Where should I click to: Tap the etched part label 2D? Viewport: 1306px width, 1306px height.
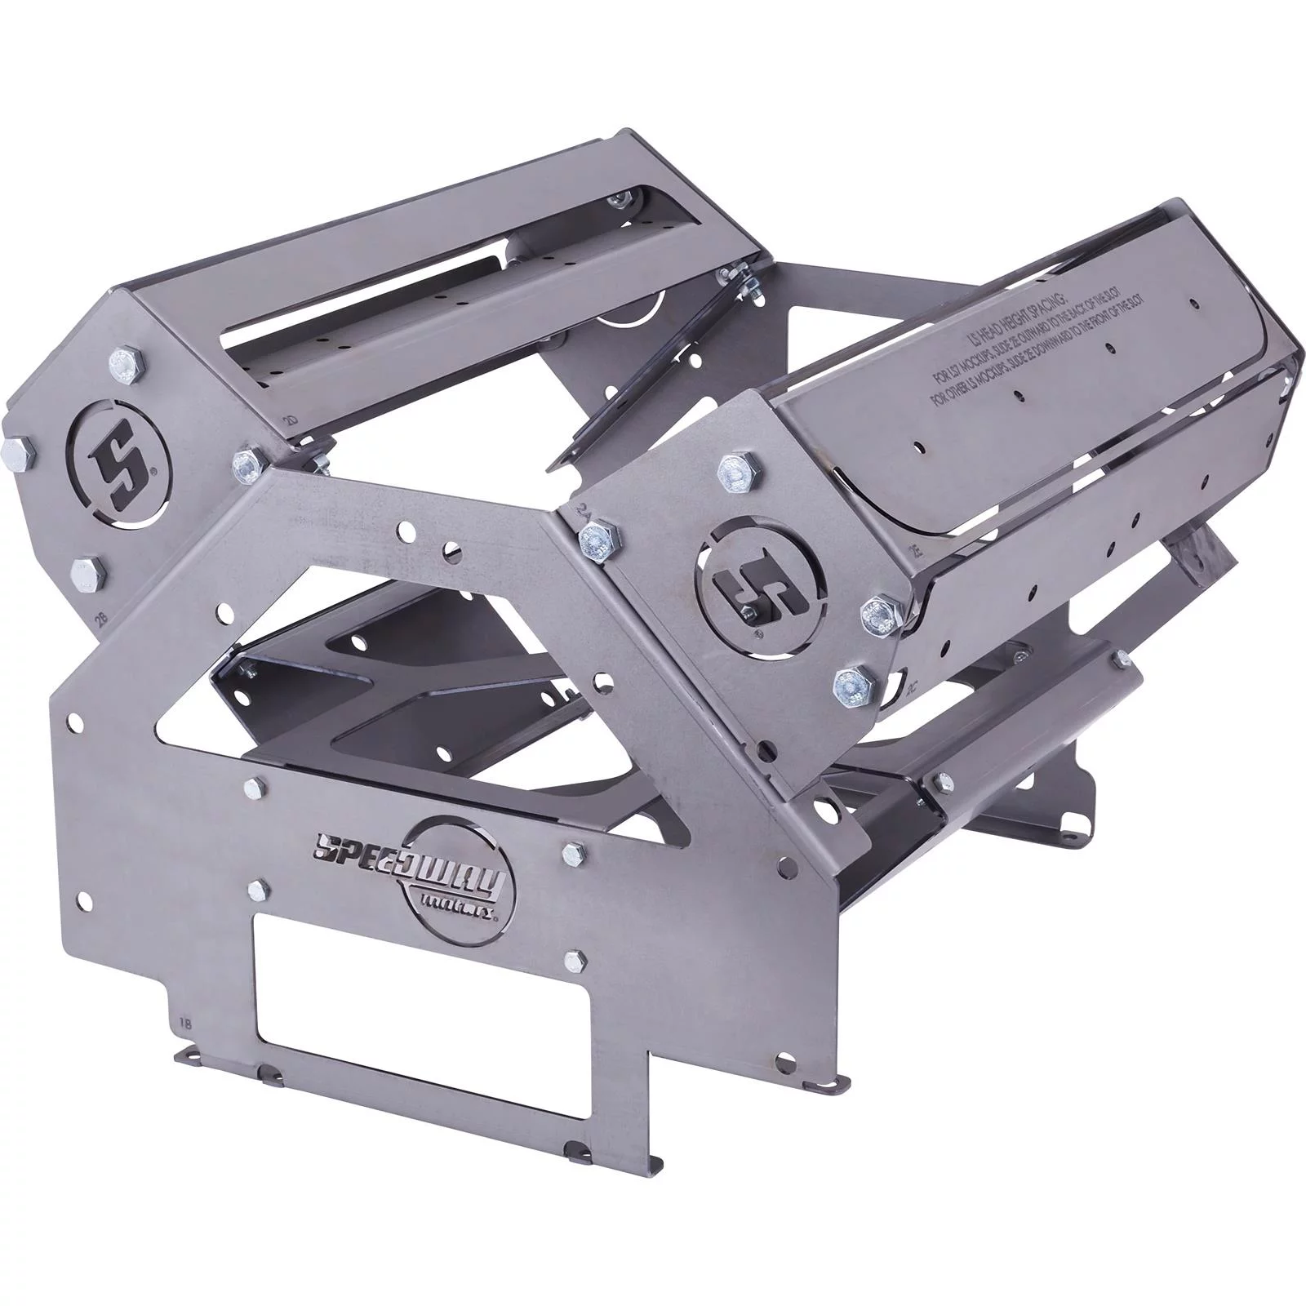288,420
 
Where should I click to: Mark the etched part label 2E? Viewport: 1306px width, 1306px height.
915,548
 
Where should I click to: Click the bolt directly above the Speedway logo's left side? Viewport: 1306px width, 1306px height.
256,788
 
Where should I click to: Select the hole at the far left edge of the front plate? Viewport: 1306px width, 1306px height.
74,722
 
